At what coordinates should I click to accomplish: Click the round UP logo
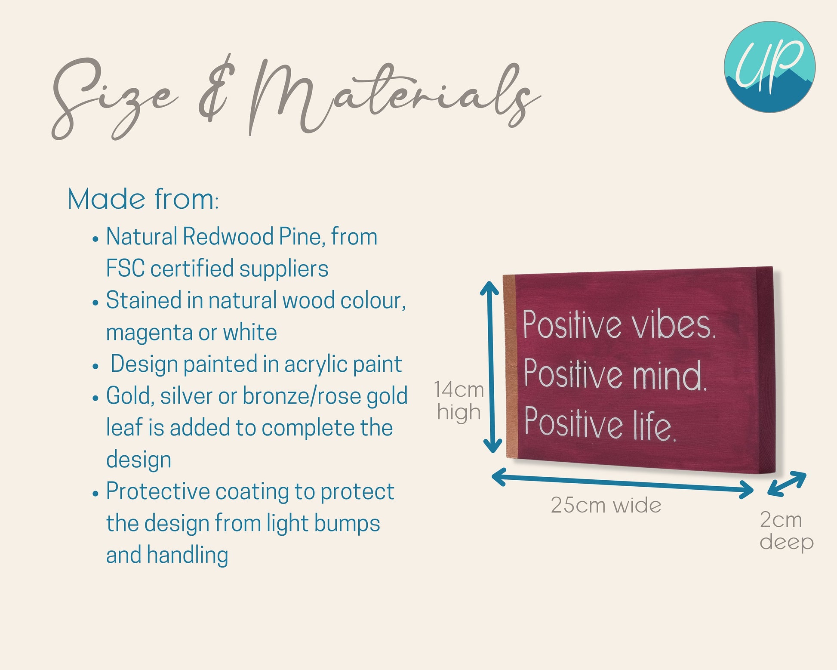coord(769,67)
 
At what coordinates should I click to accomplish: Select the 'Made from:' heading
coord(143,199)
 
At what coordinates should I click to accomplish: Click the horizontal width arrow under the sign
coord(622,484)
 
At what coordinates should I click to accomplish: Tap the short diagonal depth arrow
coord(787,484)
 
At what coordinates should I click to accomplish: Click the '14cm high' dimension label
coord(459,401)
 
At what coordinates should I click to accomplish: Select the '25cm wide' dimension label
coord(606,505)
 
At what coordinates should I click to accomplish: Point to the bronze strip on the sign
coord(509,367)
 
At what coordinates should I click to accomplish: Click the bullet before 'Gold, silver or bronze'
coord(96,398)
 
